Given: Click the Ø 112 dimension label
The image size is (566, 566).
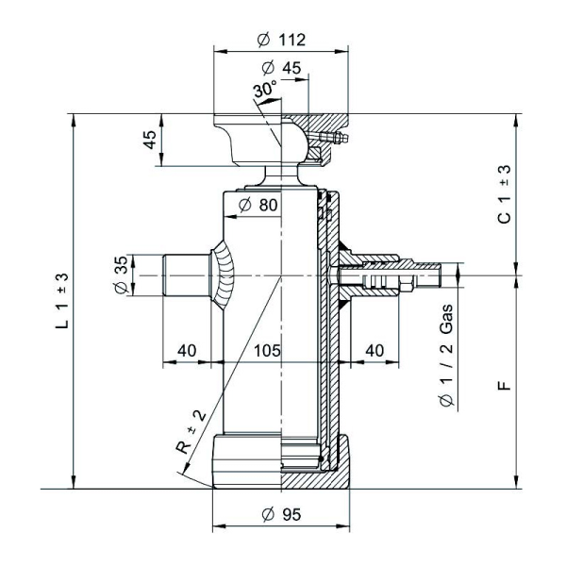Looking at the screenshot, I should click(x=281, y=40).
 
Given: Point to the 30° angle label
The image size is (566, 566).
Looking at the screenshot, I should click(x=265, y=91).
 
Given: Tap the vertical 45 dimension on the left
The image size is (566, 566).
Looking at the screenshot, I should click(x=149, y=141).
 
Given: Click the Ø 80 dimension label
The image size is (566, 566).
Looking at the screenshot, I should click(x=258, y=206).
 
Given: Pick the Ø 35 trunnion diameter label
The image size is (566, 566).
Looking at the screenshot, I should click(x=121, y=274).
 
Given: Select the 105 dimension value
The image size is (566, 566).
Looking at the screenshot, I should click(x=268, y=350).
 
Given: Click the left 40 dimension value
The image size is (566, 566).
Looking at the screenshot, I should click(x=187, y=350).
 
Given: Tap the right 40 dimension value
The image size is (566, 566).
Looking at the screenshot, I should click(x=375, y=350).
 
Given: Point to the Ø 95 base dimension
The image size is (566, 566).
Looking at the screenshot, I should click(x=280, y=514).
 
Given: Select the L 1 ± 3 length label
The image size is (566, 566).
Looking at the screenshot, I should click(x=62, y=301).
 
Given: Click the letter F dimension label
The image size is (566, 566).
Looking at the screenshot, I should click(x=504, y=385).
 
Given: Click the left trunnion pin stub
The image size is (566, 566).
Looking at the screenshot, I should click(x=182, y=274).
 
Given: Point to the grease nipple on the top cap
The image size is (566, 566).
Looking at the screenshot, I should click(x=335, y=140).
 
